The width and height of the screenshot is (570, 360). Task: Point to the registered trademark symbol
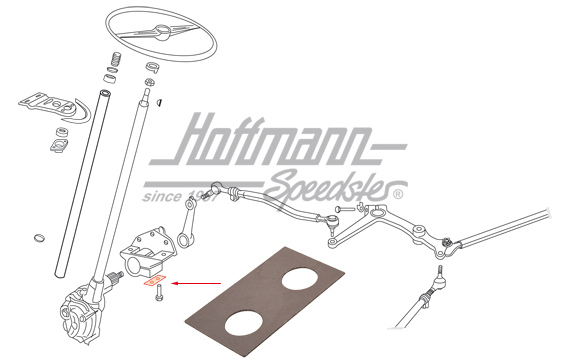pyautogui.click(x=398, y=194)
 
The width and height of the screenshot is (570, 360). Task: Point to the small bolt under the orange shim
pyautogui.click(x=160, y=295)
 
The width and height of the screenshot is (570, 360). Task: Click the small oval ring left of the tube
pyautogui.click(x=38, y=237)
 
